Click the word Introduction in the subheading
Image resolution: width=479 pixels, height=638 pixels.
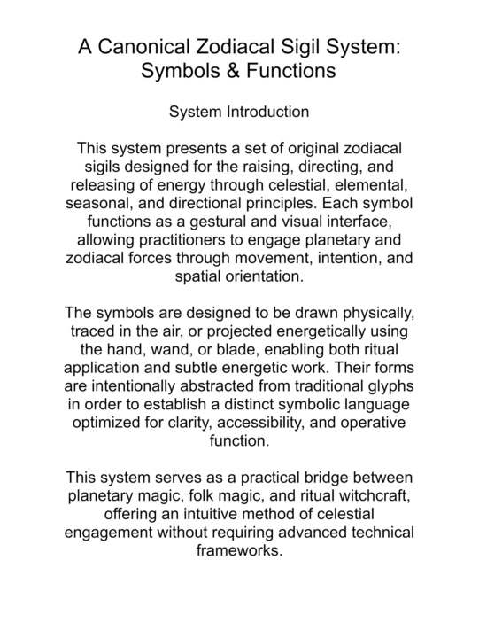[267, 113]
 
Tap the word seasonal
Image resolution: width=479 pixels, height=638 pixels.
[104, 203]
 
